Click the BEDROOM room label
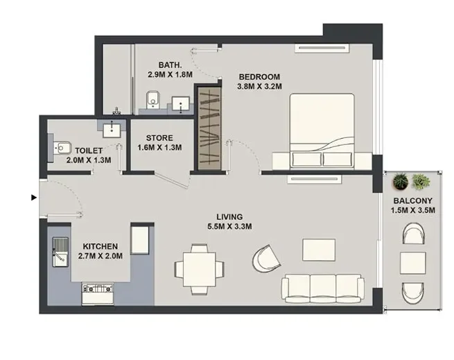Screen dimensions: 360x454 (x=259, y=76)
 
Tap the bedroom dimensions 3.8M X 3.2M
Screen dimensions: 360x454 (x=259, y=87)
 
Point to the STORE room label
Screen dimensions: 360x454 (x=159, y=137)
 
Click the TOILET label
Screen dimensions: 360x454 (x=89, y=150)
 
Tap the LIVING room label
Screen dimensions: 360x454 (x=229, y=216)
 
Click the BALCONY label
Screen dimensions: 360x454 (x=412, y=201)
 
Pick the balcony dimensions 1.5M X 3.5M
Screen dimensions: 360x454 (x=412, y=212)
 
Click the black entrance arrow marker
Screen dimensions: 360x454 (x=33, y=198)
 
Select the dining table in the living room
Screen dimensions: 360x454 (x=200, y=267)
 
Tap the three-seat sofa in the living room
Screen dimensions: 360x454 (x=322, y=286)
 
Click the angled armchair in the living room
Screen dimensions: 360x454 (x=267, y=259)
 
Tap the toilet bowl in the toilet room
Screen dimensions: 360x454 (x=63, y=147)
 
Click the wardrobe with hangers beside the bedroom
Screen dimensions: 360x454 (x=209, y=130)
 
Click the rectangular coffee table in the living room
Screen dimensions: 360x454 (x=319, y=250)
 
